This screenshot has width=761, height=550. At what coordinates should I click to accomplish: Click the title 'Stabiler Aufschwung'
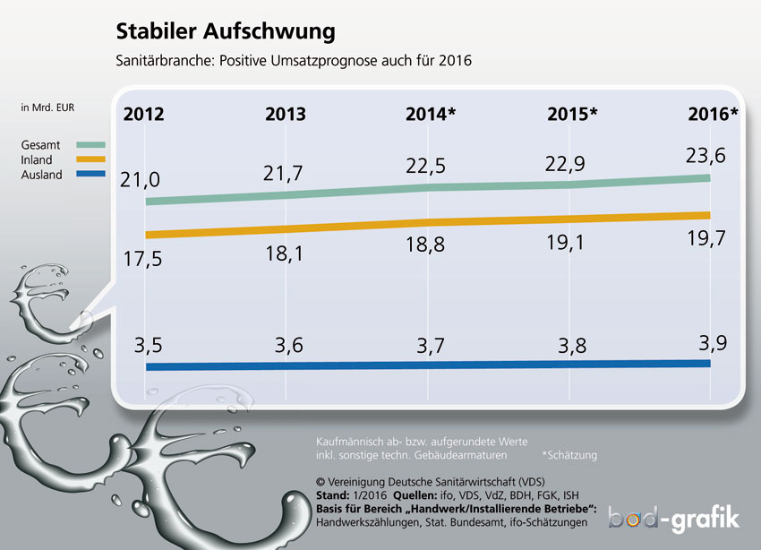(226, 32)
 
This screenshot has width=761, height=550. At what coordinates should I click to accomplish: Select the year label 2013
(286, 114)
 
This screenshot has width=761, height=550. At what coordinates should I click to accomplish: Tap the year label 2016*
(713, 114)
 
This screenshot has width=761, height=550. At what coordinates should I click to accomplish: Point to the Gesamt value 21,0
(140, 180)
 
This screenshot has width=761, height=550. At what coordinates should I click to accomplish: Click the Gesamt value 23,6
(705, 156)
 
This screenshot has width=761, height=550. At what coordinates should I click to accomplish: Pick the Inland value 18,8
(425, 245)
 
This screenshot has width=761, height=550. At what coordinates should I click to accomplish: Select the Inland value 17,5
(142, 259)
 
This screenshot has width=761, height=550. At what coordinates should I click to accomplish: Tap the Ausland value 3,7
(431, 346)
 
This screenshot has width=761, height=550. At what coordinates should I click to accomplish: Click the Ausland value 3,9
(713, 343)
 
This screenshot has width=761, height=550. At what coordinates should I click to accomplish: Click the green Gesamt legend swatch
(90, 144)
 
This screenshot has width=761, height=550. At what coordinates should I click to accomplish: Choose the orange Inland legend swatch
(90, 159)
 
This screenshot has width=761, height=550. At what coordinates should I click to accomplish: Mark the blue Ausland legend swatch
(90, 174)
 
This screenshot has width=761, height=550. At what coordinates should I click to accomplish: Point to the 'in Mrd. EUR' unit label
(47, 107)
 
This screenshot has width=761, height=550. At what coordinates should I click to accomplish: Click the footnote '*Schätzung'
(569, 455)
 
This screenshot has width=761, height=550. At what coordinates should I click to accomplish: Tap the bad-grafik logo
(674, 519)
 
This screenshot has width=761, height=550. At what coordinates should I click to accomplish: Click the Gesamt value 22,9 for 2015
(565, 164)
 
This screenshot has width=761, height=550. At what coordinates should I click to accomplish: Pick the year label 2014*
(431, 114)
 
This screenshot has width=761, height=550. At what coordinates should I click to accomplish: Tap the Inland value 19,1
(566, 242)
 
